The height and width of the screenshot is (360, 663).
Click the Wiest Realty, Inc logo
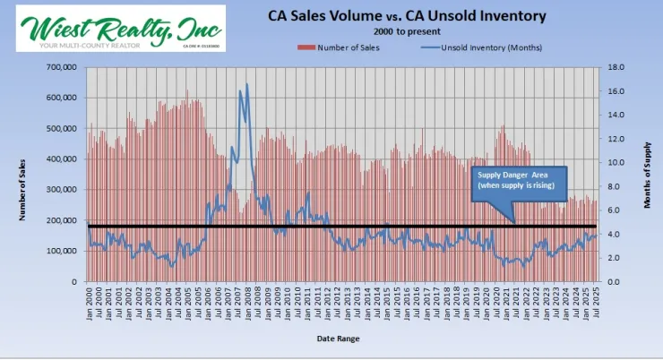pyautogui.click(x=120, y=27)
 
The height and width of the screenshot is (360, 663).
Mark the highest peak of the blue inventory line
pyautogui.click(x=246, y=85)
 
